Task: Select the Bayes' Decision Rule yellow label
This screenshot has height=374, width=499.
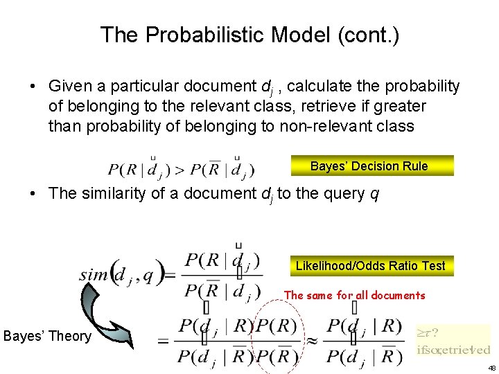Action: [x=369, y=166]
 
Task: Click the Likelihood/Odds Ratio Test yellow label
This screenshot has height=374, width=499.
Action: [x=370, y=265]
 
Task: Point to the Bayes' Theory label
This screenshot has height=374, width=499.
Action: [x=47, y=337]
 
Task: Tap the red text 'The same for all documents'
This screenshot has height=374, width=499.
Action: [x=354, y=295]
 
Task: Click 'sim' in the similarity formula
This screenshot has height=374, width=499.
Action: [x=94, y=274]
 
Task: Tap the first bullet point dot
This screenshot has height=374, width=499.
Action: [x=33, y=87]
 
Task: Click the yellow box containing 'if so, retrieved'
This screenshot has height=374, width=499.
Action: [x=453, y=341]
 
